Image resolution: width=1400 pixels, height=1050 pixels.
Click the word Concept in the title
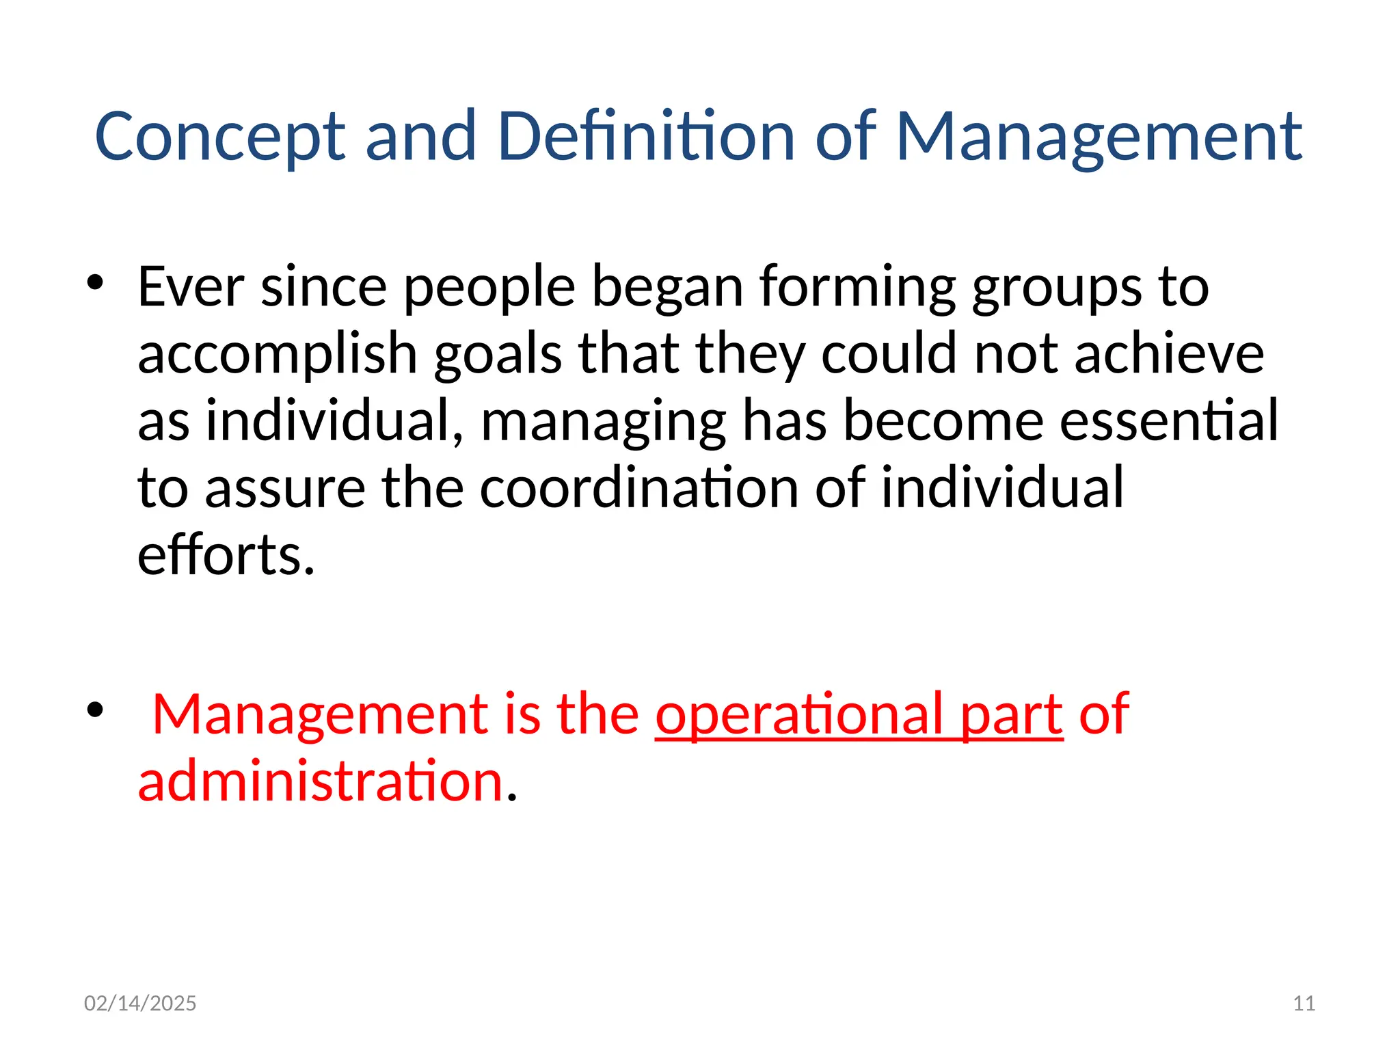(220, 137)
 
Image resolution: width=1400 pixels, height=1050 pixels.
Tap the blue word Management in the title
(1099, 137)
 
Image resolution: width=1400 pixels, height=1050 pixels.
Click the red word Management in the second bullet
(319, 714)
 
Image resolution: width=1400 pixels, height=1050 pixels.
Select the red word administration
(321, 781)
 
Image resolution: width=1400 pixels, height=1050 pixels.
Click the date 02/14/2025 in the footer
(140, 1003)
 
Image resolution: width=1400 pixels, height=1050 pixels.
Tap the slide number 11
(1304, 1003)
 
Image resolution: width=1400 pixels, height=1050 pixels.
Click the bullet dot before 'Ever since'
(95, 282)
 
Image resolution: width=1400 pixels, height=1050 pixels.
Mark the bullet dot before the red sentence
(95, 710)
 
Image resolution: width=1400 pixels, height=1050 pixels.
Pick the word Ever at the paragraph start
(191, 286)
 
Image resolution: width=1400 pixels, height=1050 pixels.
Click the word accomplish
(278, 354)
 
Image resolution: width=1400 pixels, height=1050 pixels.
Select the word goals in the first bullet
(498, 354)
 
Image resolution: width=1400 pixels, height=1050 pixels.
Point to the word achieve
(1169, 354)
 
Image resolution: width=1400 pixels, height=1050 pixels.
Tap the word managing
(603, 421)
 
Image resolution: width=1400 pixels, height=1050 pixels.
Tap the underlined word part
(1012, 714)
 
